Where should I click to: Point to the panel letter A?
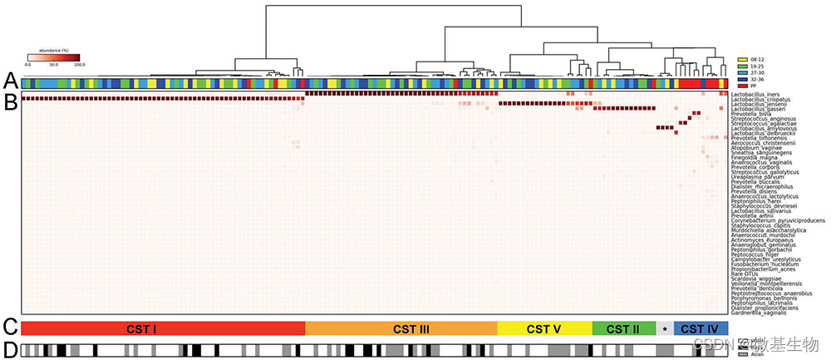tap(9, 81)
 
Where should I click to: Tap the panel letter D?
tap(9, 350)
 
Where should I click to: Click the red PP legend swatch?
tap(744, 86)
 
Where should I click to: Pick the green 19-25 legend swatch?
tap(744, 67)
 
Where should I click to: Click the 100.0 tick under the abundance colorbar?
tap(79, 63)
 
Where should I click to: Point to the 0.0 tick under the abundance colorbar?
tap(27, 63)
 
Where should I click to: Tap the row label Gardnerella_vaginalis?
tap(759, 313)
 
